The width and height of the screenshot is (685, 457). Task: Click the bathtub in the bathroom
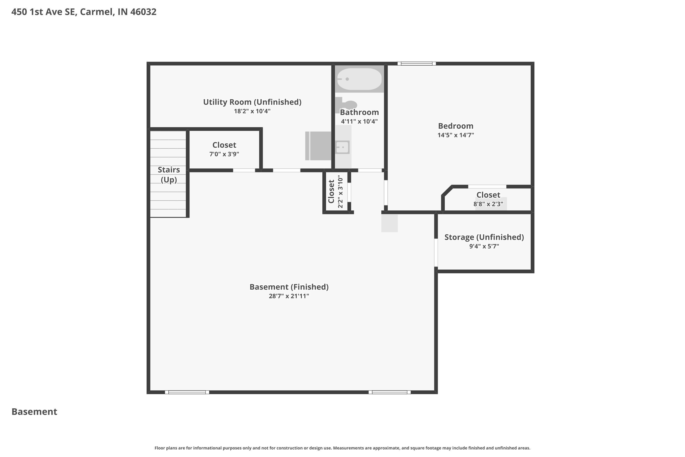point(359,79)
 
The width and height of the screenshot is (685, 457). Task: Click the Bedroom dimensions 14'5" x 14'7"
point(456,135)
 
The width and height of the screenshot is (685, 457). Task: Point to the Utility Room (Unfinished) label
point(252,102)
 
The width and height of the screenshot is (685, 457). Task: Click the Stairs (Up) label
point(169,175)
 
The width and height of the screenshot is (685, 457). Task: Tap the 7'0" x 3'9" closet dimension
point(224,154)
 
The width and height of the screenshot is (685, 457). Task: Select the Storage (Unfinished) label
point(484,237)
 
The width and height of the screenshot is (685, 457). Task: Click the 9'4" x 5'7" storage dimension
point(484,246)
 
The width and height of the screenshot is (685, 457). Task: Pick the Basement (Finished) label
point(289,287)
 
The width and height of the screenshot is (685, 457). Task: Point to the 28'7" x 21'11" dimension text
point(289,296)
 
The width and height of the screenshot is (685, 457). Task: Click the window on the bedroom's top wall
point(416,64)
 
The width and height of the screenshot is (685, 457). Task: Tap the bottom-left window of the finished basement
point(187,392)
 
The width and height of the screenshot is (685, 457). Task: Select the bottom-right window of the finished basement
point(390,392)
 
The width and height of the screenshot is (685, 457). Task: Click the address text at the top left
point(84,12)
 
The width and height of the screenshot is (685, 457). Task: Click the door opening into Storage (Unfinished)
point(436,253)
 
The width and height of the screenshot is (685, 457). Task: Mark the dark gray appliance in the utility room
point(318,146)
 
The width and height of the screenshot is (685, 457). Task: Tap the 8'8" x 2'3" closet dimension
point(488,204)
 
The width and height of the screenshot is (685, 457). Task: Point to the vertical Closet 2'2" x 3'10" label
point(335,191)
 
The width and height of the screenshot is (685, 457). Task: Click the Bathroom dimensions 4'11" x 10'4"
point(359,121)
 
